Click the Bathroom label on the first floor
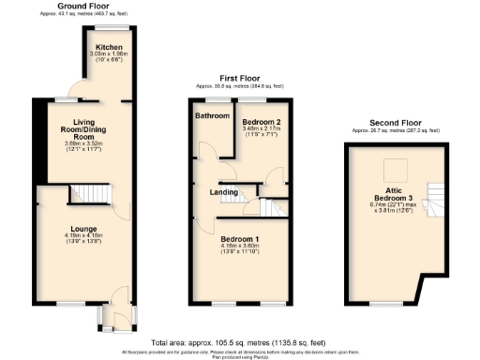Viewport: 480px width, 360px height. [212, 117]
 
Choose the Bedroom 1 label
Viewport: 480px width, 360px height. [240, 240]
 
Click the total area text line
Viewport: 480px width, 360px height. [240, 343]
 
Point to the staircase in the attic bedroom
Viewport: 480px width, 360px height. [432, 197]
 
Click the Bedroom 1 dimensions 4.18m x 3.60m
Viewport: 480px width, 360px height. [240, 248]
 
